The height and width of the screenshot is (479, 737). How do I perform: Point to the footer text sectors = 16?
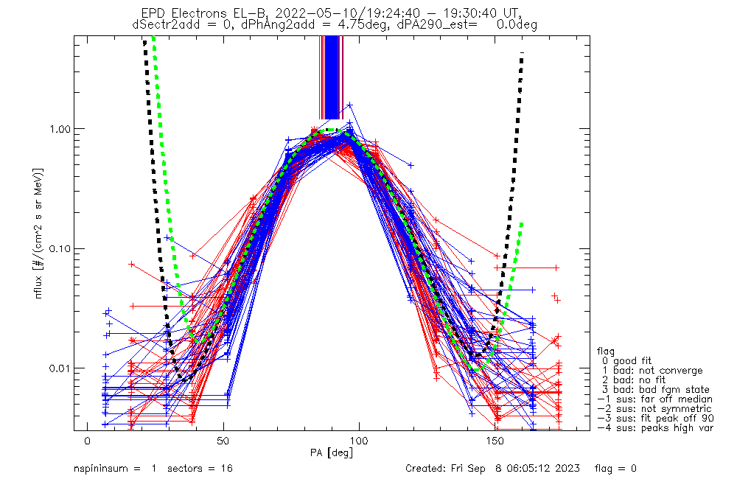(x=199, y=469)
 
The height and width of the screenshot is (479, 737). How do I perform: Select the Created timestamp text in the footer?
(x=492, y=469)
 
